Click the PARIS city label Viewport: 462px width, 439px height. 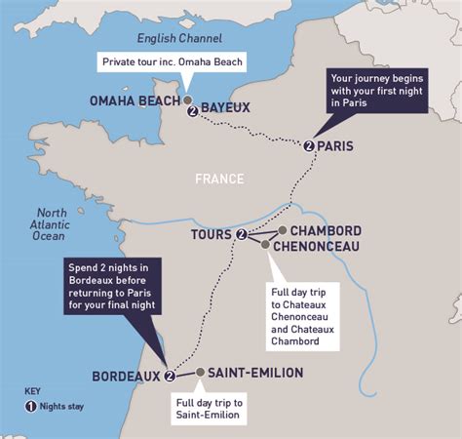click(335, 146)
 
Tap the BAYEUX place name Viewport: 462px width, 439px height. click(226, 106)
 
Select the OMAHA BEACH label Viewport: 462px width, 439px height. click(135, 100)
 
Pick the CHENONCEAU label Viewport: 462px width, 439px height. click(318, 247)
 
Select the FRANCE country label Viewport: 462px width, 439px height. click(218, 179)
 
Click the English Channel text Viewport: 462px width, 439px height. click(177, 39)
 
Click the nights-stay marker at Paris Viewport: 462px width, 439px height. click(309, 146)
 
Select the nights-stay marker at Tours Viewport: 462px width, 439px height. click(241, 234)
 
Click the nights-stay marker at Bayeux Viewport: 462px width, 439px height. click(193, 111)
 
